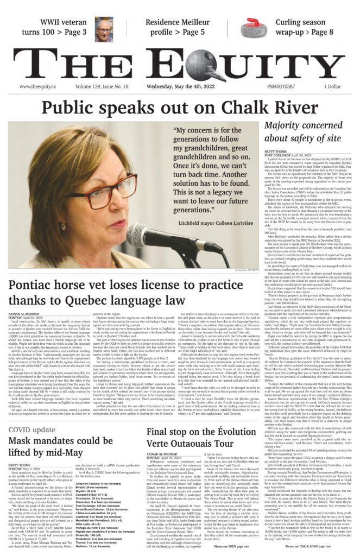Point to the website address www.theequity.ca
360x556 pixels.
(x=40, y=86)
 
